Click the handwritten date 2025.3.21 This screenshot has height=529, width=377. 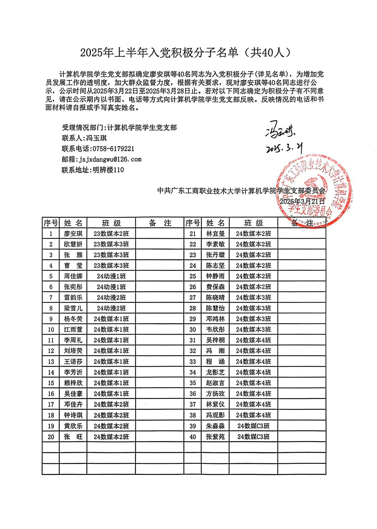[x=284, y=148]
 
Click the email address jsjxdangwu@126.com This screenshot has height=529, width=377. [x=110, y=159]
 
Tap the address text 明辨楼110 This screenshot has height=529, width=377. [x=108, y=170]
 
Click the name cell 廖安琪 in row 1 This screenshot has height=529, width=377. [x=73, y=234]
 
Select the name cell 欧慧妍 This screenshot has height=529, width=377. [x=73, y=244]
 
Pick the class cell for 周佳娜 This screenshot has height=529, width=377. [x=111, y=276]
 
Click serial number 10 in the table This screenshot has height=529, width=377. [x=51, y=329]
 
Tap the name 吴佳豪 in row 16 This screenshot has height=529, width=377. [x=73, y=394]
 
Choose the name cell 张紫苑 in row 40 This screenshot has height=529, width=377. [x=215, y=437]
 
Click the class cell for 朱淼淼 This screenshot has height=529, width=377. [x=253, y=426]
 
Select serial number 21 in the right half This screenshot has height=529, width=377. [x=193, y=234]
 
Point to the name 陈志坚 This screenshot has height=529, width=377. [x=215, y=266]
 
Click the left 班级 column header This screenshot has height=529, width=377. [x=111, y=223]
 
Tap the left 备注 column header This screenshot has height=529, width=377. [x=160, y=223]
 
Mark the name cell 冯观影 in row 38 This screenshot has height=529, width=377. [x=215, y=415]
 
